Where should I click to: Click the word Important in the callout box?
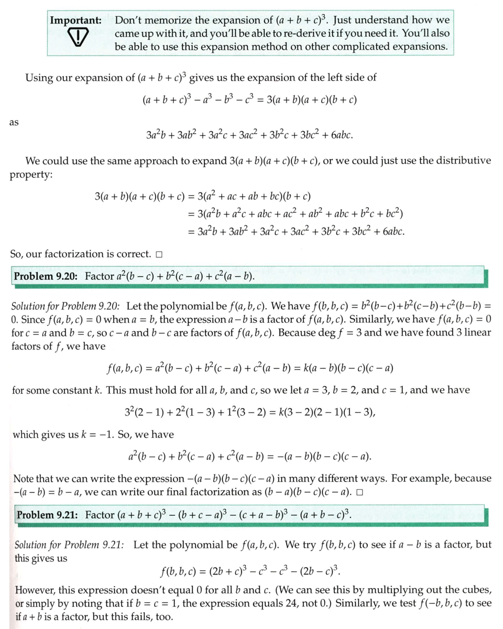point(75,20)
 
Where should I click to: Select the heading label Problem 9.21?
point(48,515)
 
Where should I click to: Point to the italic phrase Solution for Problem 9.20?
point(66,306)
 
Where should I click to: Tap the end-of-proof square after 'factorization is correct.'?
point(159,255)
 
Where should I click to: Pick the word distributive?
point(464,160)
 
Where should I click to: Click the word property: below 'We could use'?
point(31,174)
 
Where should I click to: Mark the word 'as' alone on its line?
point(14,122)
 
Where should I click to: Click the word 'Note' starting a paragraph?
point(24,479)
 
